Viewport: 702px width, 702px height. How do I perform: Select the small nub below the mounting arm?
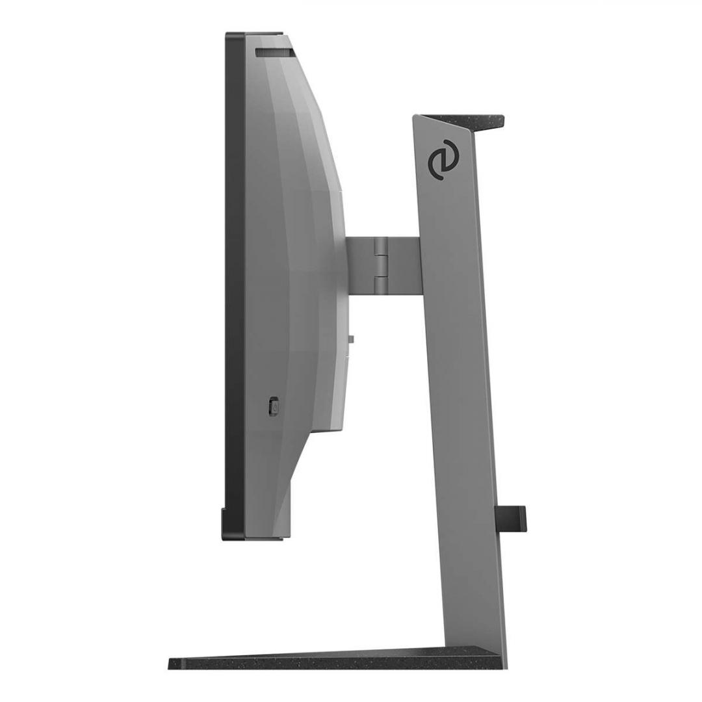pos(351,339)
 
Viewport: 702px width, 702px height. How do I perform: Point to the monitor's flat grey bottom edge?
pos(263,538)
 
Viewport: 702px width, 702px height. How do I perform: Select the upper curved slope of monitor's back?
pos(312,117)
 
